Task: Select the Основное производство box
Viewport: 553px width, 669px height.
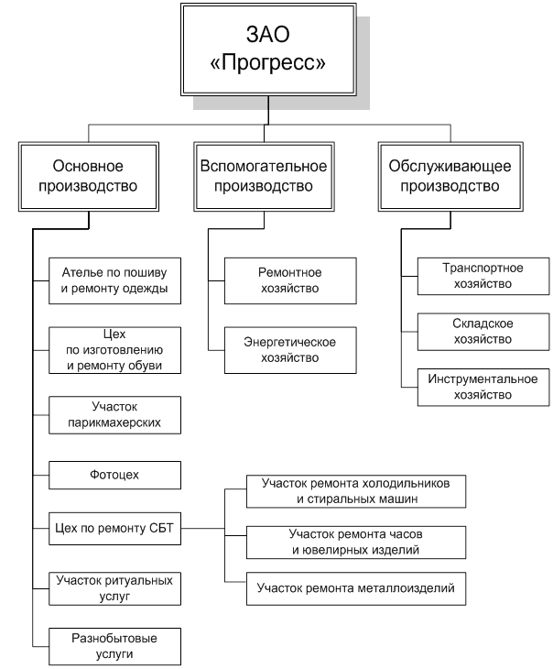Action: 89,176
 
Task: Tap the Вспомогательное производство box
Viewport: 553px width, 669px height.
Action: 264,176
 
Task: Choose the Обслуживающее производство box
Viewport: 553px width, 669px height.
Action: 443,176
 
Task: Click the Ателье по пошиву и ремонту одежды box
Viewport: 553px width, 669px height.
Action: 115,281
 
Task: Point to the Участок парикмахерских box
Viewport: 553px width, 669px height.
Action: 115,415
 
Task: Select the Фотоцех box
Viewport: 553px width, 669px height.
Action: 115,475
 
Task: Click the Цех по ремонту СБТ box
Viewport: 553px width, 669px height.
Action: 115,528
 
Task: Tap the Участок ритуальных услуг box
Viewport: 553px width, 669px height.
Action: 115,587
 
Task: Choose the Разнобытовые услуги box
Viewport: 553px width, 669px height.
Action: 115,646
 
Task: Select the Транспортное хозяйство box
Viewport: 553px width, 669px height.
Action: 483,276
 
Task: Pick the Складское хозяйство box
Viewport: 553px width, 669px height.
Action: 483,331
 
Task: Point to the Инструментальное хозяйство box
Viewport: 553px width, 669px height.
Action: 483,387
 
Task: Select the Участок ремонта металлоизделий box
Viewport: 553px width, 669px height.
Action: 356,587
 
